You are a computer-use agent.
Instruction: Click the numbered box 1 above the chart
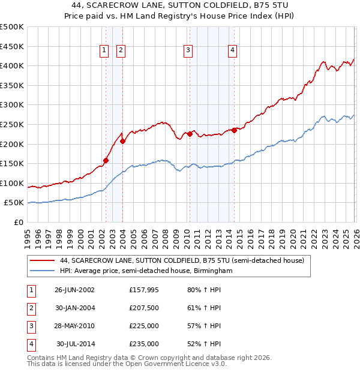(104, 51)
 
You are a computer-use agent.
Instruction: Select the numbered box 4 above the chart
(232, 51)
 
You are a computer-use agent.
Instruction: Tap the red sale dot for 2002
(106, 160)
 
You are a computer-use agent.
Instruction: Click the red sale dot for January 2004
(122, 141)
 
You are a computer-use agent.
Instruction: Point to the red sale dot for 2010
(190, 134)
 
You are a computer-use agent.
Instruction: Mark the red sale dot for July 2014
(234, 130)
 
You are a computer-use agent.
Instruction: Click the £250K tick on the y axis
(12, 124)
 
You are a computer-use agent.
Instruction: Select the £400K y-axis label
(12, 66)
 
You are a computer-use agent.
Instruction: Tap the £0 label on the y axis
(18, 223)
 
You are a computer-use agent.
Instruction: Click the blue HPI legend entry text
(146, 271)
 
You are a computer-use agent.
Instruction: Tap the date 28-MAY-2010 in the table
(75, 327)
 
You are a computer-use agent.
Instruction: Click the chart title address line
(180, 5)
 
